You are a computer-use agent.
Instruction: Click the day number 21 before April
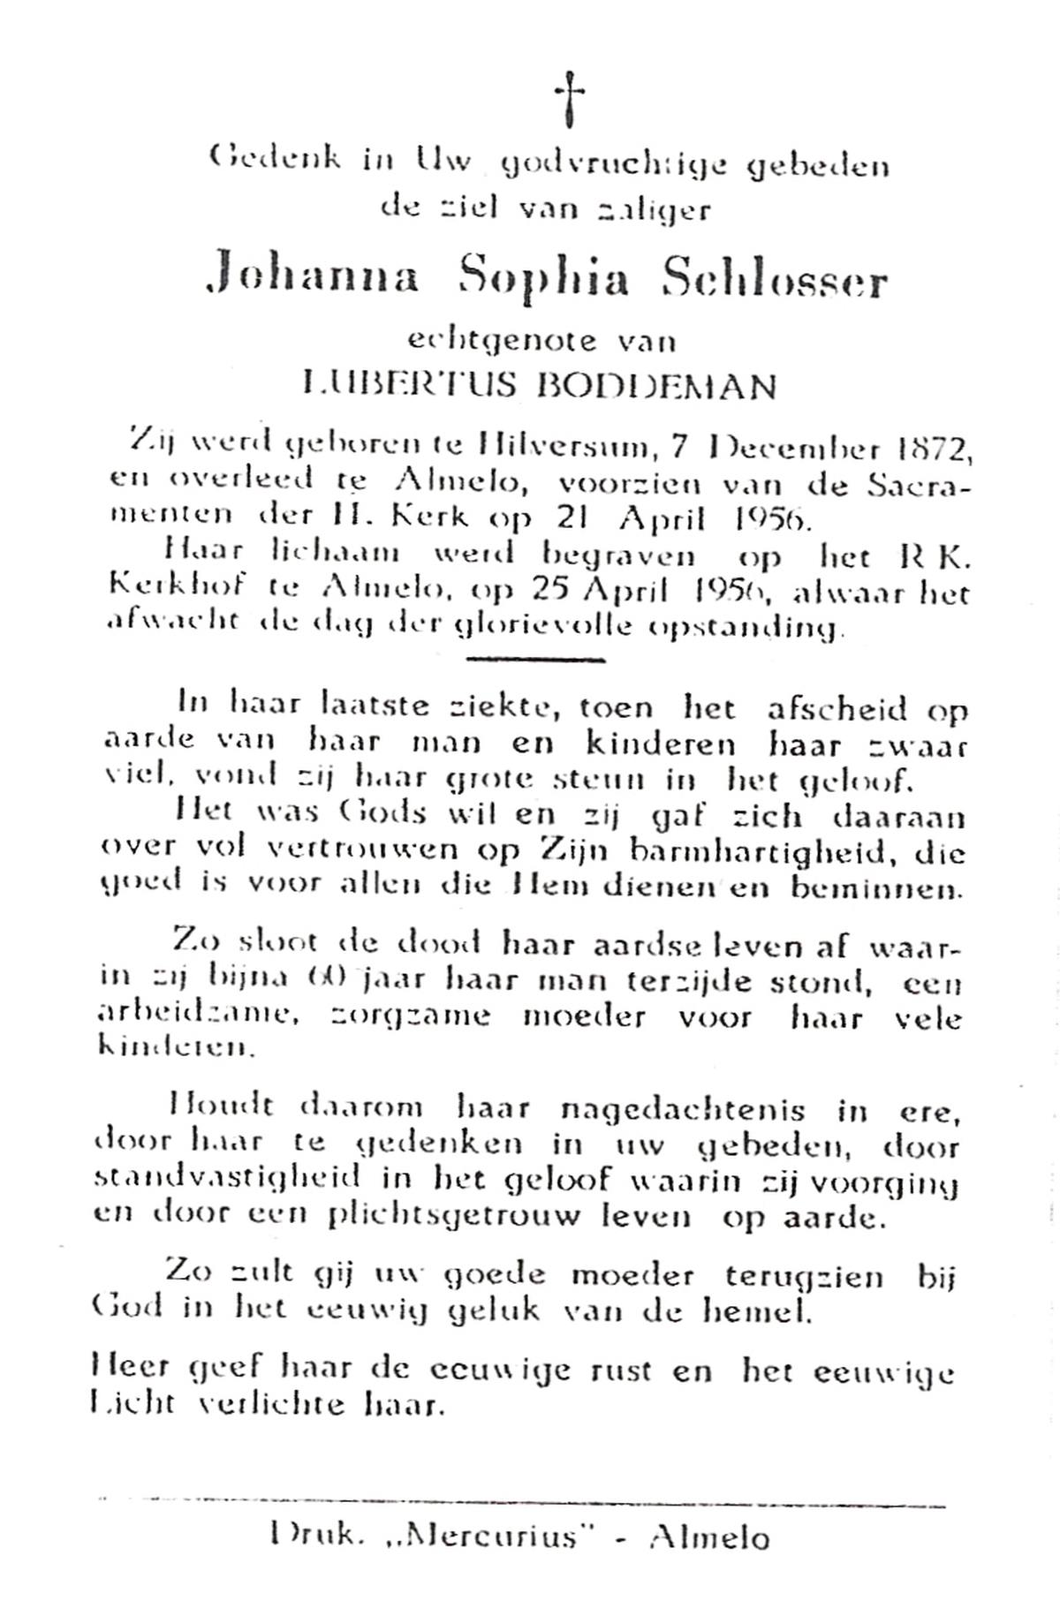(579, 519)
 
